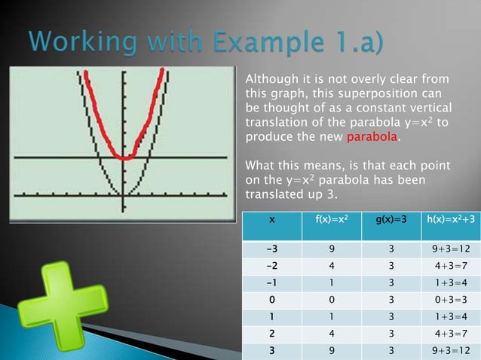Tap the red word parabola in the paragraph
click(x=372, y=139)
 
